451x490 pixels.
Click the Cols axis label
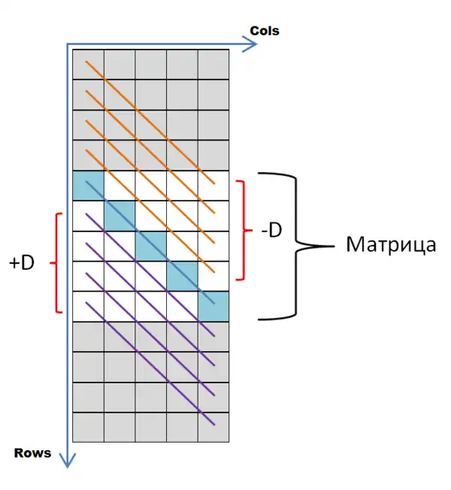(264, 31)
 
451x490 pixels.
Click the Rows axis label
(33, 452)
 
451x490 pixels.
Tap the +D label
(23, 263)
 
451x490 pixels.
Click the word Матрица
(391, 245)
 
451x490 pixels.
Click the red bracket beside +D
(57, 262)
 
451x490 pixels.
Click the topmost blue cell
(88, 186)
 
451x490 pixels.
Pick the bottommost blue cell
(213, 307)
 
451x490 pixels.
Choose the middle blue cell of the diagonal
(150, 246)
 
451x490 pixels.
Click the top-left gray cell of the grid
(88, 64)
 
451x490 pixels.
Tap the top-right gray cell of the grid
(213, 64)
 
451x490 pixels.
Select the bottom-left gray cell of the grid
(88, 427)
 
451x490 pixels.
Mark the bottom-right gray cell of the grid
(213, 427)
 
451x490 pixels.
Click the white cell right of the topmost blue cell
(120, 186)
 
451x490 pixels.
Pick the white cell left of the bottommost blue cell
(181, 307)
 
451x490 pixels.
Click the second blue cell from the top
(120, 216)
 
